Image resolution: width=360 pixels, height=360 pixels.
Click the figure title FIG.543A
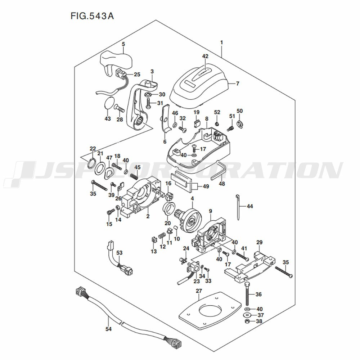coord(92,16)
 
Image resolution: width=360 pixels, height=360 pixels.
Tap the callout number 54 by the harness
coord(108,329)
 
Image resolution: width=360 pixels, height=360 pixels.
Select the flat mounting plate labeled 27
coord(210,311)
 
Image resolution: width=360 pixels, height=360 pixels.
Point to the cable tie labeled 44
coord(238,207)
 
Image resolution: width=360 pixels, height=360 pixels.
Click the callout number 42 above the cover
coord(205,56)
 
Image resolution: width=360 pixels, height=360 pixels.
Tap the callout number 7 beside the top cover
coord(238,84)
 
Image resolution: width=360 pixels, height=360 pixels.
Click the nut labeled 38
coord(247,321)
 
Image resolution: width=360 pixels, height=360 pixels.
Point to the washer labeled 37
coord(247,315)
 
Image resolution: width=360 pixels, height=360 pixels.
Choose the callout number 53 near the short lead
coord(120,253)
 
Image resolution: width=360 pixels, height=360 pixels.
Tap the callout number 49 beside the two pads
coord(206,186)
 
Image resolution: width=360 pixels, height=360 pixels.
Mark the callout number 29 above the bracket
coord(259,242)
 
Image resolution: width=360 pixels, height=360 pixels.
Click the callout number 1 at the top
coord(221,42)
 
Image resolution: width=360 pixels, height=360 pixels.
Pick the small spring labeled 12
coord(162,236)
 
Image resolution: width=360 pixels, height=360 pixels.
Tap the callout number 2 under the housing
coord(148,216)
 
